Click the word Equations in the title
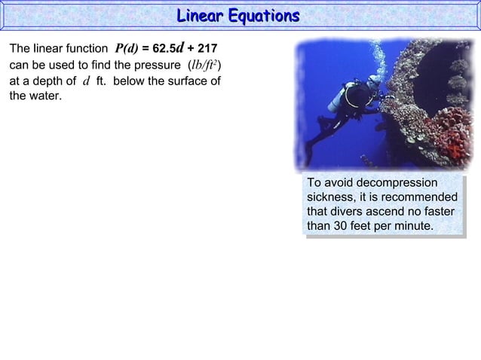tap(265, 15)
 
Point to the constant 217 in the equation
tap(207, 49)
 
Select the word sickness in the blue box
tap(332, 197)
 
